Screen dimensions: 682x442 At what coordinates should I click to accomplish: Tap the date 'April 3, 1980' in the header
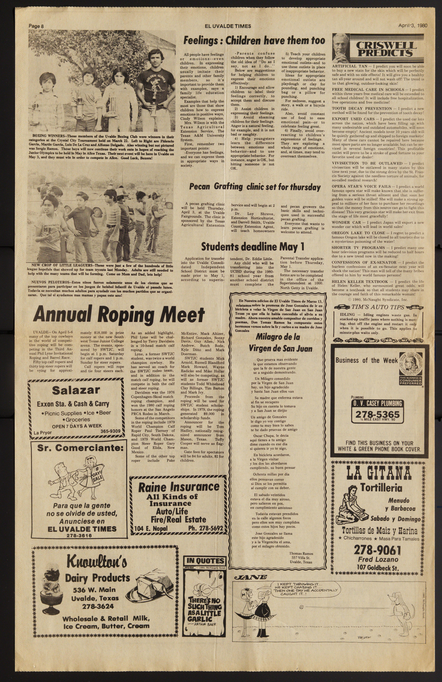(413, 25)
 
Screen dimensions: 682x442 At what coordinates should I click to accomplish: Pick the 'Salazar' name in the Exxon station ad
(76, 390)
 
